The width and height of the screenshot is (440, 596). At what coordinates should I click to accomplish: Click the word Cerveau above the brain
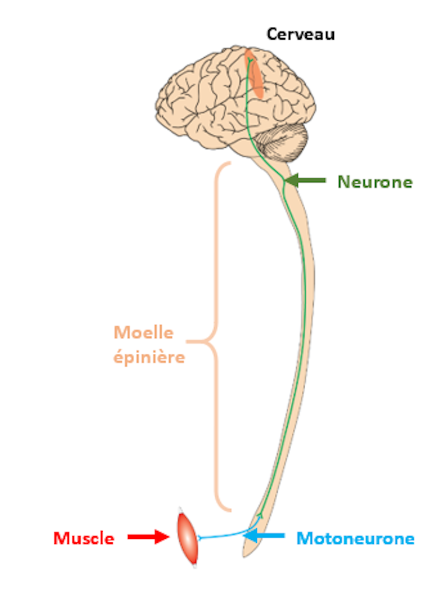(301, 34)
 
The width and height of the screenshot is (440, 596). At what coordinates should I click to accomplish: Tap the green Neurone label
(375, 182)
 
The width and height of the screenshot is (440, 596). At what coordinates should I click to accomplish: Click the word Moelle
(144, 333)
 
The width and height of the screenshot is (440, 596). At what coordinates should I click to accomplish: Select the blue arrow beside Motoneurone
(264, 535)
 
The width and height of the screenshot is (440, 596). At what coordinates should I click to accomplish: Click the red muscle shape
(188, 536)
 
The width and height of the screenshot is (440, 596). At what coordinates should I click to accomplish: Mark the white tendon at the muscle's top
(180, 510)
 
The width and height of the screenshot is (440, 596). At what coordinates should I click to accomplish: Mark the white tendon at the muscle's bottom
(195, 564)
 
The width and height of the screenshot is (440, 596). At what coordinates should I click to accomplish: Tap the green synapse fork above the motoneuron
(260, 516)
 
